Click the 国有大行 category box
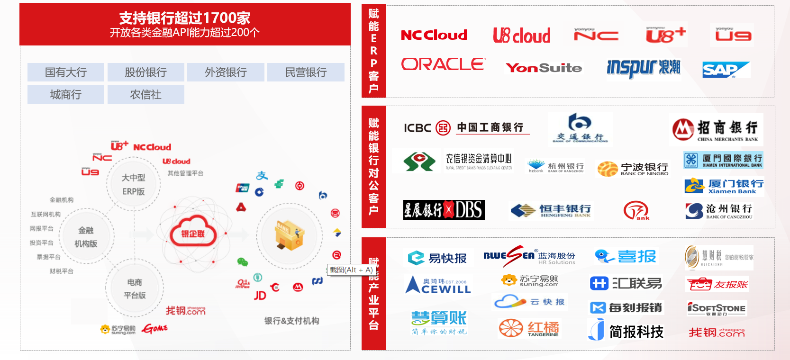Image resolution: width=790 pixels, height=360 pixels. [x=66, y=72]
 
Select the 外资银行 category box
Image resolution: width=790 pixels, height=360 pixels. [x=226, y=72]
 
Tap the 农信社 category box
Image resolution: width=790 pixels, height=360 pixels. [x=145, y=95]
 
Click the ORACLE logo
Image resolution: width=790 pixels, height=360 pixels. [x=443, y=64]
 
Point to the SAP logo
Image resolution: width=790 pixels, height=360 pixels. [x=725, y=70]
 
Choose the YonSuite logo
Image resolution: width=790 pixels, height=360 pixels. [x=544, y=68]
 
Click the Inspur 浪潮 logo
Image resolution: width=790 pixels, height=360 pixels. [x=644, y=68]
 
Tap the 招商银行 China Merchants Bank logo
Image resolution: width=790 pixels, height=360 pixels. [x=716, y=129]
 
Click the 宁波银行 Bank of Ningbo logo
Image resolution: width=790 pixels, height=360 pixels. [x=633, y=169]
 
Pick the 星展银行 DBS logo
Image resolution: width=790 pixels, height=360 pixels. [x=444, y=210]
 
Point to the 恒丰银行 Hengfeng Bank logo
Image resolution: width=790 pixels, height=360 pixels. [x=551, y=210]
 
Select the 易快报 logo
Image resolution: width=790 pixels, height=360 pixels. [x=437, y=258]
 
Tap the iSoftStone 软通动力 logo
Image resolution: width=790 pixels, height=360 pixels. [x=716, y=309]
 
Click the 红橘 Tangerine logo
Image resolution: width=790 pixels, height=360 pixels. [x=529, y=328]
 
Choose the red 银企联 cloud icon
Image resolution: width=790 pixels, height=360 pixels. [x=192, y=233]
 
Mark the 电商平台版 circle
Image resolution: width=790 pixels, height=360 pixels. [x=135, y=288]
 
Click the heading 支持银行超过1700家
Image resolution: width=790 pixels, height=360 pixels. [x=184, y=18]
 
